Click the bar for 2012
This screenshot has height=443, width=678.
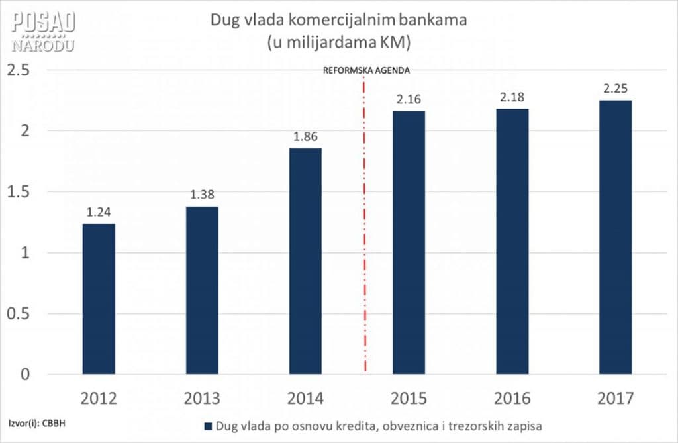pyautogui.click(x=99, y=299)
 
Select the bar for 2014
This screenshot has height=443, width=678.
pyautogui.click(x=305, y=261)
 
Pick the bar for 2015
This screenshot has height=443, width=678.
pyautogui.click(x=409, y=242)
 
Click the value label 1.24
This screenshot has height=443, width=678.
pyautogui.click(x=99, y=213)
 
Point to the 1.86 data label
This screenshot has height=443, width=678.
pyautogui.click(x=305, y=138)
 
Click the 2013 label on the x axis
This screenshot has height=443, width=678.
pyautogui.click(x=202, y=399)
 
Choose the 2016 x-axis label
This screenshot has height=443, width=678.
pyautogui.click(x=512, y=399)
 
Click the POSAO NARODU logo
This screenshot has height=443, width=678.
pyautogui.click(x=43, y=30)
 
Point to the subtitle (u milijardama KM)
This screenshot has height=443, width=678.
pyautogui.click(x=338, y=42)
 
